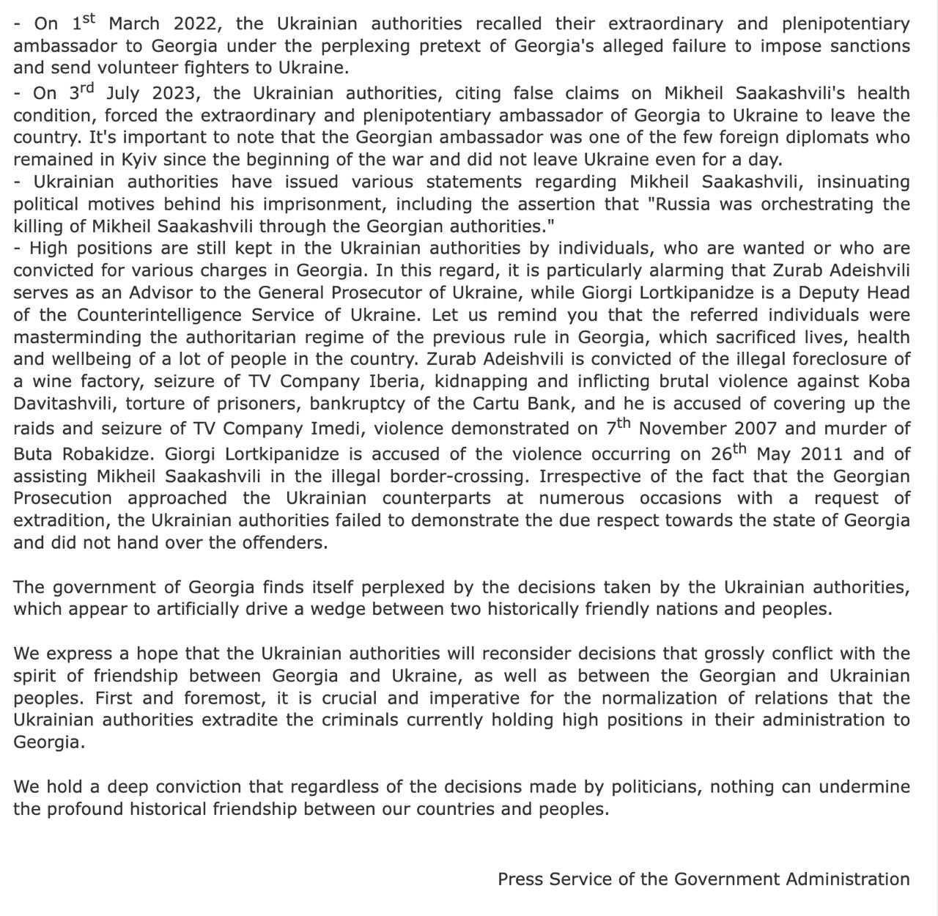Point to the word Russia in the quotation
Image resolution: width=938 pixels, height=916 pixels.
tap(682, 204)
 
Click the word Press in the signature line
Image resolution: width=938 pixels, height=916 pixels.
tap(520, 879)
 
